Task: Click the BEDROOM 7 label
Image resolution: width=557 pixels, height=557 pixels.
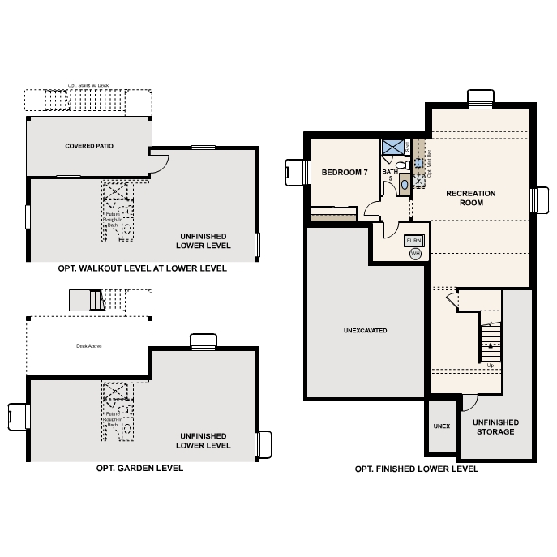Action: pos(345,173)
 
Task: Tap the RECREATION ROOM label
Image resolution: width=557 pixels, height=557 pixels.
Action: pos(470,198)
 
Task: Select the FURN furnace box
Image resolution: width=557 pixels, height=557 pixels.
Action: pos(414,242)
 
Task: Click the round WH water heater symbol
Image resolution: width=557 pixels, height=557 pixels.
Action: pos(415,254)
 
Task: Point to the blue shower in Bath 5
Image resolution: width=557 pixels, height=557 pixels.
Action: pos(393,147)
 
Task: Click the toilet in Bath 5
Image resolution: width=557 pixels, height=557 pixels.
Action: pos(407,166)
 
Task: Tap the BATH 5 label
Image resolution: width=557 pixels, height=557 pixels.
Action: pos(389,175)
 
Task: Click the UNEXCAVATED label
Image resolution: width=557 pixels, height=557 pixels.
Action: pos(365,331)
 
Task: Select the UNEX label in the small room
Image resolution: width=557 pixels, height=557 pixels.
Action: pos(441,426)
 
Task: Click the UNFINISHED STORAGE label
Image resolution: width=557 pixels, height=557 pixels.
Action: pos(495,426)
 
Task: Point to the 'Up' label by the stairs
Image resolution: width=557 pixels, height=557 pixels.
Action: pos(490,366)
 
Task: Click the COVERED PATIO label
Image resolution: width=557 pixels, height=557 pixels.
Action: pos(88,146)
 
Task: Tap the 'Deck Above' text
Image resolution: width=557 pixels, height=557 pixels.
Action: pos(88,345)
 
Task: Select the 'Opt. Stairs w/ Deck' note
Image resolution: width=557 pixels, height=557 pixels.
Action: pos(88,84)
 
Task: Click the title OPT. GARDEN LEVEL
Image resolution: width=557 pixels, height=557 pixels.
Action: pos(139,468)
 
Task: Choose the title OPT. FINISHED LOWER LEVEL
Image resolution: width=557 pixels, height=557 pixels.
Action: pos(417,469)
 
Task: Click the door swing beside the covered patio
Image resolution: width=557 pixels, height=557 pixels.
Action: pos(158,162)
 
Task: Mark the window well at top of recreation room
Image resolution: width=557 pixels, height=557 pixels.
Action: pos(481,96)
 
